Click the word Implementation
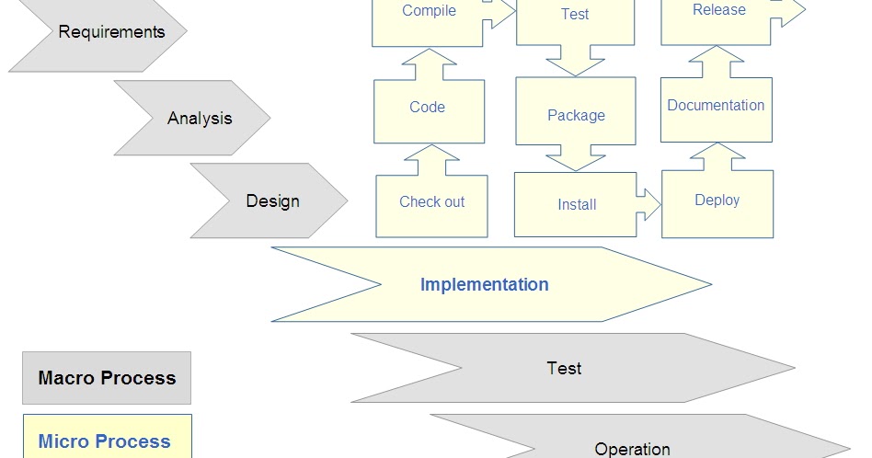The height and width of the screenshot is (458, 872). [x=484, y=284]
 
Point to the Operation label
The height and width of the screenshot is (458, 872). [x=632, y=449]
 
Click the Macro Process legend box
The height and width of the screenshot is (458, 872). [x=107, y=378]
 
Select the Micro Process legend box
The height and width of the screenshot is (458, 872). [x=104, y=439]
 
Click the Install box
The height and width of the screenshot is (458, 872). [x=576, y=205]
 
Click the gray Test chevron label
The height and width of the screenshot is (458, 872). [x=564, y=368]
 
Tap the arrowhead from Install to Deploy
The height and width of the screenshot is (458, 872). [x=651, y=204]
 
